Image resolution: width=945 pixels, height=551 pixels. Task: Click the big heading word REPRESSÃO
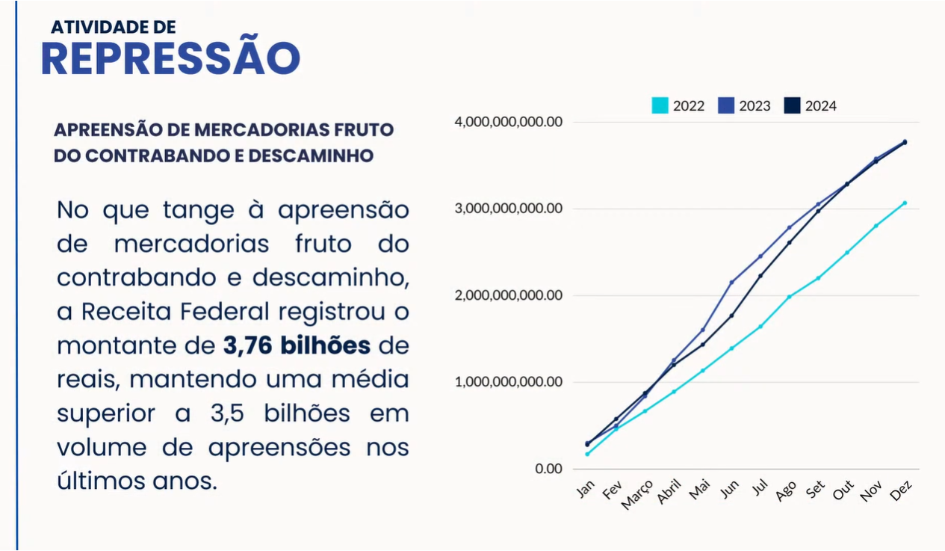pyautogui.click(x=170, y=58)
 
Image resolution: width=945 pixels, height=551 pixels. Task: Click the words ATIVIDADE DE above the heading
pyautogui.click(x=114, y=27)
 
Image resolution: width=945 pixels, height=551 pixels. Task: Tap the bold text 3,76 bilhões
pyautogui.click(x=297, y=346)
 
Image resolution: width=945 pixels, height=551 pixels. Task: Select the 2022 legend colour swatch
pyautogui.click(x=660, y=105)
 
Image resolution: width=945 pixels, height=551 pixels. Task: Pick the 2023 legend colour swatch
pyautogui.click(x=725, y=105)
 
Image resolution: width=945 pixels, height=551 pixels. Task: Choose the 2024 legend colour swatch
pyautogui.click(x=792, y=105)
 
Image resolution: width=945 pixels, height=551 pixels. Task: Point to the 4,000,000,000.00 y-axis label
pyautogui.click(x=508, y=122)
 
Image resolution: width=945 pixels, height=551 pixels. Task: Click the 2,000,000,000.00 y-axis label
pyautogui.click(x=508, y=295)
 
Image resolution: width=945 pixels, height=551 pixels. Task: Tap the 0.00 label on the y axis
pyautogui.click(x=548, y=469)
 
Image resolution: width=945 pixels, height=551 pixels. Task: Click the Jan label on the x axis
pyautogui.click(x=585, y=490)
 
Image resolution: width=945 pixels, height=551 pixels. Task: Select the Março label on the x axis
pyautogui.click(x=637, y=495)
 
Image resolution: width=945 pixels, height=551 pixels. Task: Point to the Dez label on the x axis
pyautogui.click(x=902, y=490)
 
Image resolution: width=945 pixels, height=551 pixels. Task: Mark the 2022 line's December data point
pyautogui.click(x=905, y=203)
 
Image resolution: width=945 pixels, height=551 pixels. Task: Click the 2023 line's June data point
pyautogui.click(x=731, y=282)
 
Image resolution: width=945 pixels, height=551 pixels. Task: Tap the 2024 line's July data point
pyautogui.click(x=760, y=276)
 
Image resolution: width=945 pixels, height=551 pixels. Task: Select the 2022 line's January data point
pyautogui.click(x=587, y=454)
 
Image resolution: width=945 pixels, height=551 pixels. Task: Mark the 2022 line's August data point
pyautogui.click(x=789, y=297)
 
